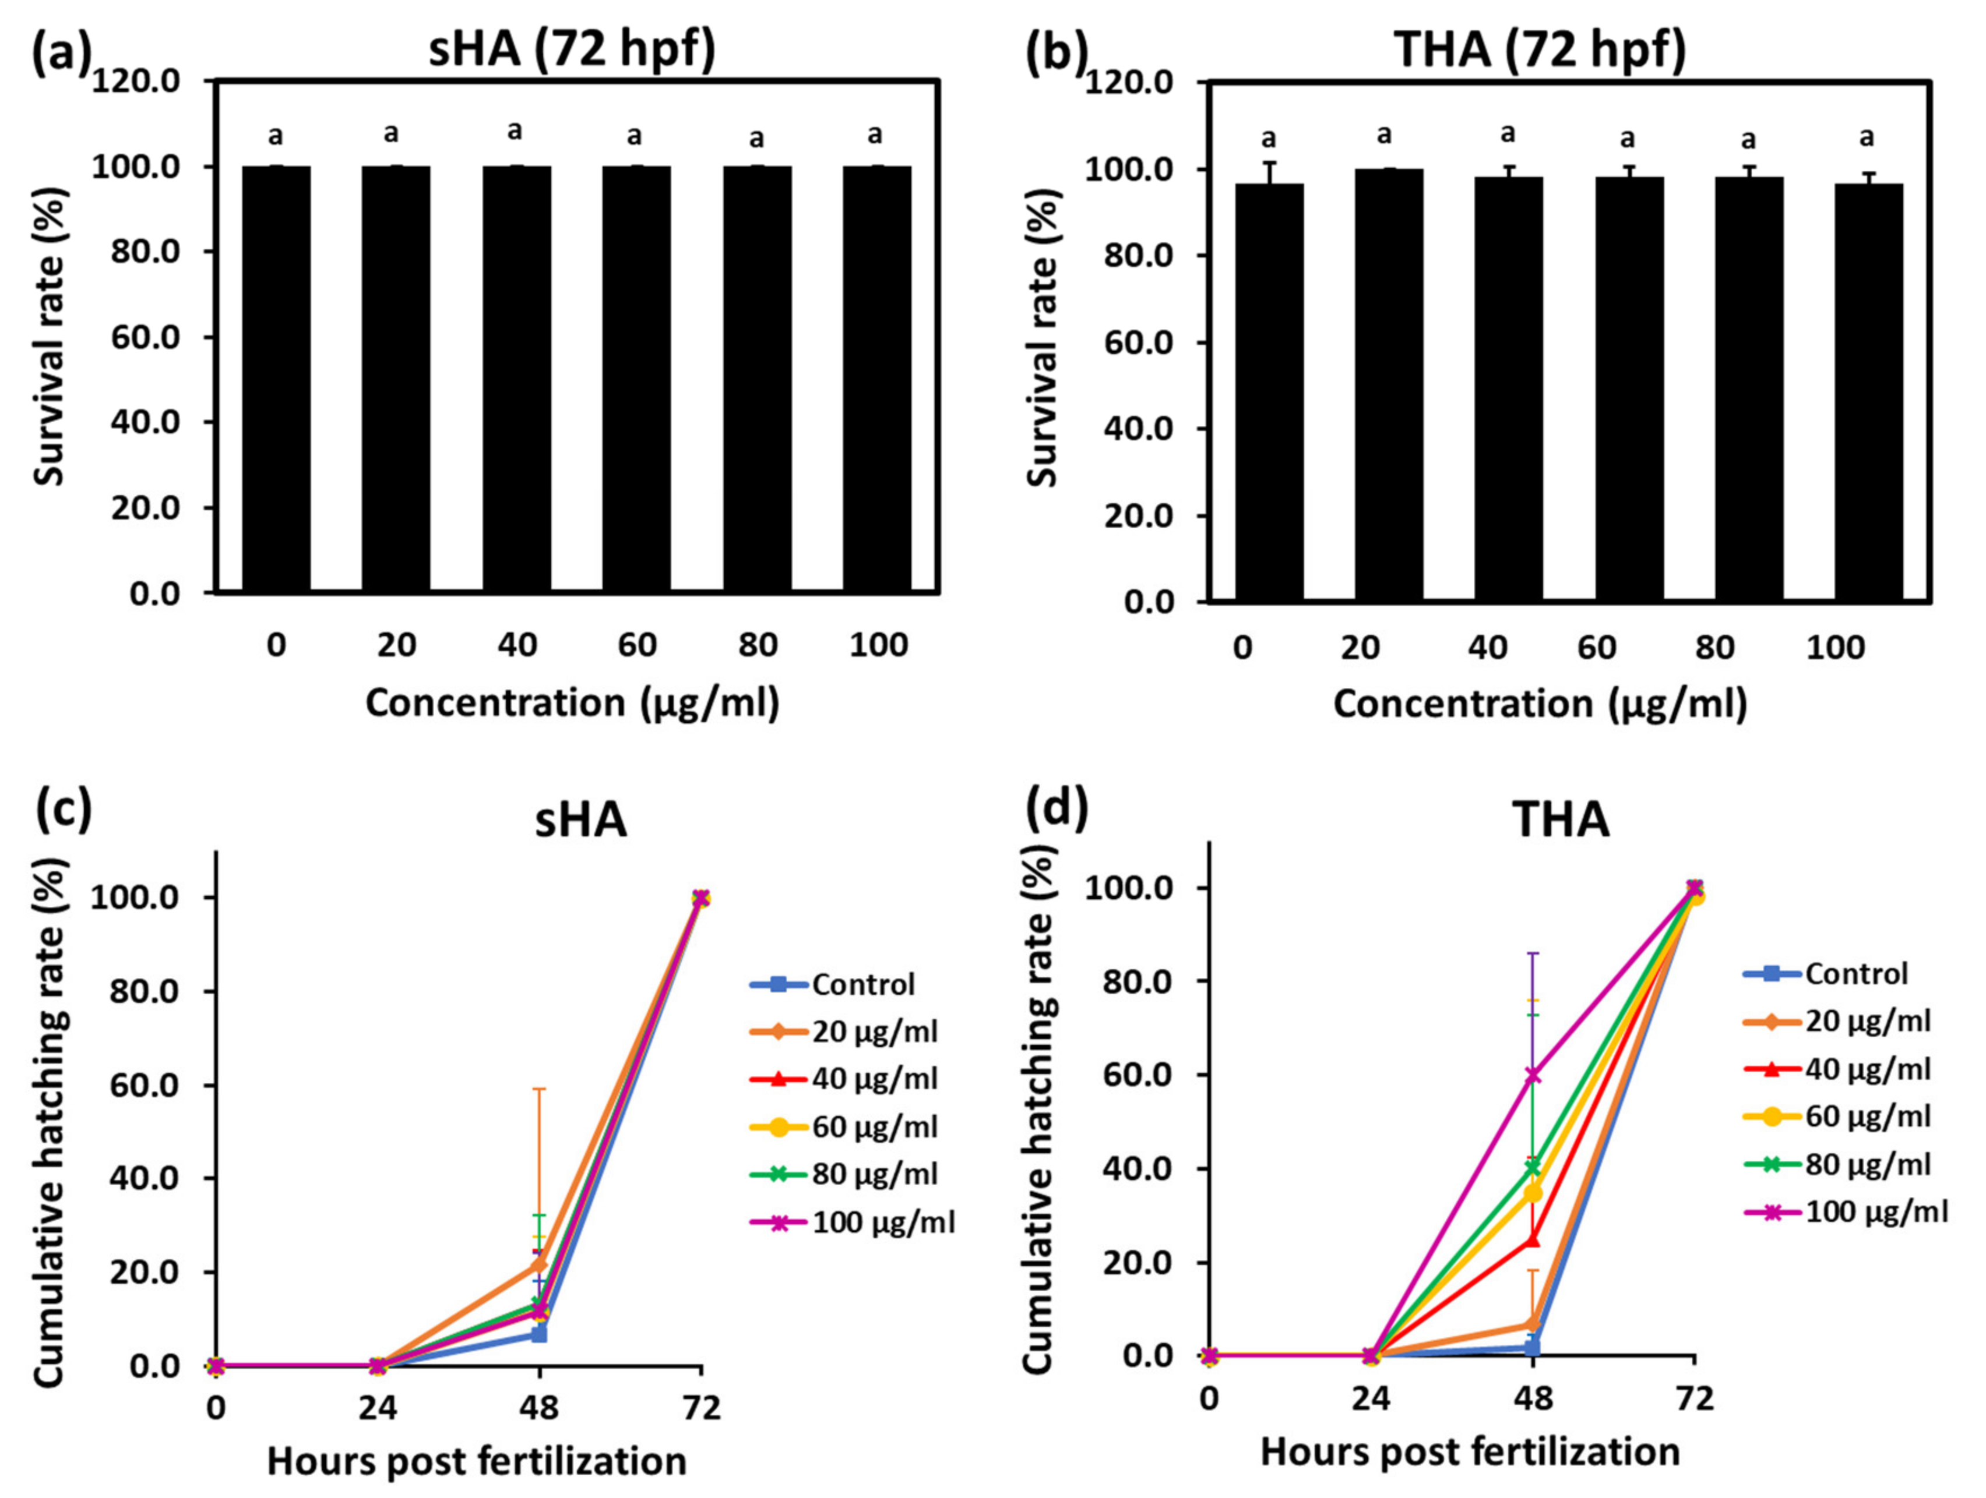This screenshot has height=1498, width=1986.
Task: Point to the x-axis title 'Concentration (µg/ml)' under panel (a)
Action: point(572,703)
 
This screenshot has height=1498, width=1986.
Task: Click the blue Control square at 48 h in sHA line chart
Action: point(538,1335)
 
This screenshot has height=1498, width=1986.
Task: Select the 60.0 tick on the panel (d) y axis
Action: point(1132,1075)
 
